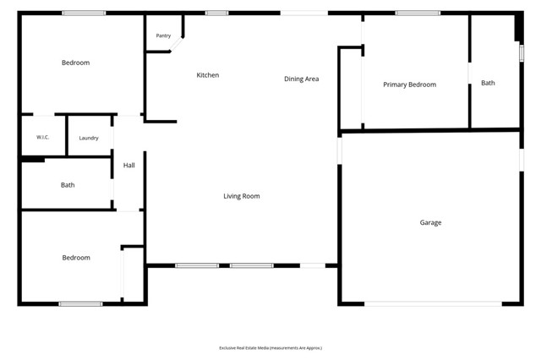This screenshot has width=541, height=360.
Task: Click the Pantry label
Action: click(163, 35)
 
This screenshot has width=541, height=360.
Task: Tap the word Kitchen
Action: click(208, 75)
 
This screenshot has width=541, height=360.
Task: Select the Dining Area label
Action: click(301, 79)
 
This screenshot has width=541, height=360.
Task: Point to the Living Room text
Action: click(242, 196)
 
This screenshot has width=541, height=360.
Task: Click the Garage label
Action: click(430, 222)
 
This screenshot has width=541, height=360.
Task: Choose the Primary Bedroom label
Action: click(409, 85)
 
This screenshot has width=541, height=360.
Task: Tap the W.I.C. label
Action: click(43, 137)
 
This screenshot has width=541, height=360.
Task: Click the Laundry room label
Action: click(89, 138)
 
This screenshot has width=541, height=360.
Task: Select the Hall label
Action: click(129, 165)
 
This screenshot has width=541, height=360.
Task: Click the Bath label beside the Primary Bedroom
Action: click(488, 83)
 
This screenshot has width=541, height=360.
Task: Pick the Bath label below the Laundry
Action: click(68, 185)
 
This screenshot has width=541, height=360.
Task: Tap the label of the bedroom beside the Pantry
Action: click(75, 63)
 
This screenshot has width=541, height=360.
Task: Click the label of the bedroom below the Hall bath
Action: click(76, 258)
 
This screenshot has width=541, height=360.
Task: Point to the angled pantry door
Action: click(176, 44)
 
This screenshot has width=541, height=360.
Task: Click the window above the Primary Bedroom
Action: click(418, 14)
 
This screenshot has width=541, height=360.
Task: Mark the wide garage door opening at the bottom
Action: click(433, 303)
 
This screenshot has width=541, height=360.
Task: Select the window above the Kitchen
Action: click(216, 14)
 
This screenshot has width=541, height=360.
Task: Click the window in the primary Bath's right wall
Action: click(522, 53)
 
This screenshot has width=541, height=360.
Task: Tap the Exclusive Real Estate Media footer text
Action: click(270, 348)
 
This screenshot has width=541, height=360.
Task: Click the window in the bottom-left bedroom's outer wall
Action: click(80, 303)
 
